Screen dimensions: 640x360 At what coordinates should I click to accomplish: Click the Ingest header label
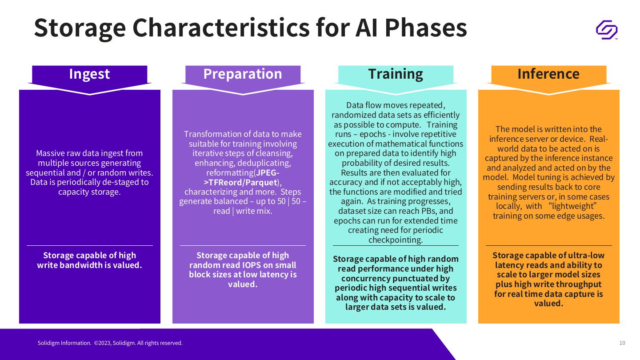coord(89,74)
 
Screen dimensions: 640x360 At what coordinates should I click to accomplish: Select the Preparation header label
coord(243,74)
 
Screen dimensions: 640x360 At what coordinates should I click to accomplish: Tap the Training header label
coord(396,74)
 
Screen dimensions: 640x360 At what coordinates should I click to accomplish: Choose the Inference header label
coord(548,74)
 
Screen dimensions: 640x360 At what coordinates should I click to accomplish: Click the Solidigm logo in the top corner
coord(607,30)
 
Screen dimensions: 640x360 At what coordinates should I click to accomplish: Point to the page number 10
coord(622,343)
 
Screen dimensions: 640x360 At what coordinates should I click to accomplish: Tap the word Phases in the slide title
coord(426,28)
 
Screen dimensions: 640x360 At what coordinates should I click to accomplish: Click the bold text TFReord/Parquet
coord(243,182)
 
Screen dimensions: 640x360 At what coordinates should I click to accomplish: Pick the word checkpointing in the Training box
coord(396,240)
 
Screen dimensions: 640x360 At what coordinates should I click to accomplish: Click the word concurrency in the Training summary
coord(367,278)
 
